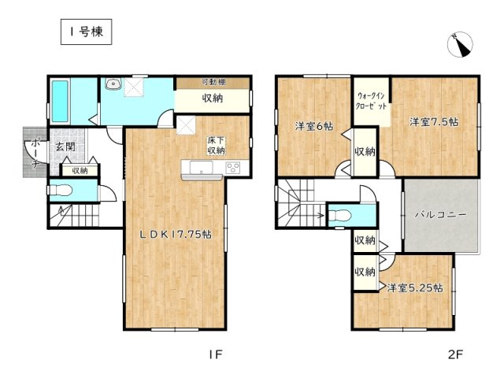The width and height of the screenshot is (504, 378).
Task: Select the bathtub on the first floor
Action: (x=61, y=102)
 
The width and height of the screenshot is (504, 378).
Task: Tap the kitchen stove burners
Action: (x=234, y=167)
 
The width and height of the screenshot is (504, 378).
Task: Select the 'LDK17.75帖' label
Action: (x=176, y=234)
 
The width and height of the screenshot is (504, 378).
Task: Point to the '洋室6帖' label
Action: (x=313, y=126)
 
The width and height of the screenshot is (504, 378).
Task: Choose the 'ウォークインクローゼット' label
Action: (x=370, y=100)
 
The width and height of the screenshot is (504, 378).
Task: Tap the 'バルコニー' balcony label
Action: (x=441, y=214)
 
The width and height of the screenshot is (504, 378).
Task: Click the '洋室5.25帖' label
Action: (x=414, y=288)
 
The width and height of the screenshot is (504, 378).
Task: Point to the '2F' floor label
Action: (x=456, y=354)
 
